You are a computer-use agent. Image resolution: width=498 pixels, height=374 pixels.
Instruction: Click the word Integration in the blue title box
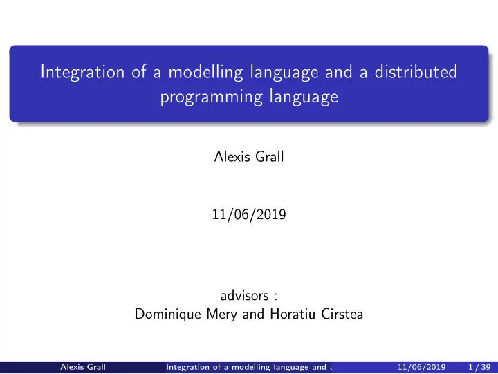point(82,72)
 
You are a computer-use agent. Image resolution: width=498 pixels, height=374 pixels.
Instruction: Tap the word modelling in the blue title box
point(205,72)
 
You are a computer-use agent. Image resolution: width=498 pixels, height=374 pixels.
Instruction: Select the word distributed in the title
point(416,71)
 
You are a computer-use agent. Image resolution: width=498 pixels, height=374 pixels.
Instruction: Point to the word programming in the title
point(211,97)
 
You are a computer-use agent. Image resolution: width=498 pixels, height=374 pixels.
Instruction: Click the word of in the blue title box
point(139,71)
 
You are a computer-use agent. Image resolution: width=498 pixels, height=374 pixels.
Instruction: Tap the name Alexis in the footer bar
point(72,367)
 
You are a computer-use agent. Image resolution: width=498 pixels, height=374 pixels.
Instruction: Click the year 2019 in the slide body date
point(271,214)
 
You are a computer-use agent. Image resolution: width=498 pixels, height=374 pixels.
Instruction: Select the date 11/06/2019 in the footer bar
point(421,367)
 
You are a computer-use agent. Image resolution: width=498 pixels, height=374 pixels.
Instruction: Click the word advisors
point(244,296)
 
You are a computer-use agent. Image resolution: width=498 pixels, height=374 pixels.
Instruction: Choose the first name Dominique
point(168,314)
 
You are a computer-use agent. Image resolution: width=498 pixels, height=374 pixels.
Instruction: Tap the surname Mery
point(221,314)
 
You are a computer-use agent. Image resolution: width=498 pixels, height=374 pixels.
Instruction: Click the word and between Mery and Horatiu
point(253,314)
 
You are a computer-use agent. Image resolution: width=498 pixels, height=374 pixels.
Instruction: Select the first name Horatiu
point(293,314)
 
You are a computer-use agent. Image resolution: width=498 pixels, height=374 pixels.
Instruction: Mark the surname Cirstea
point(342,314)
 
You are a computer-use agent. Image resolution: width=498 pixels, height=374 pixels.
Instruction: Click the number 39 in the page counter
point(486,367)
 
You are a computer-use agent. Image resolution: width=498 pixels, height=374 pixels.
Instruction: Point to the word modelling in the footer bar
point(250,367)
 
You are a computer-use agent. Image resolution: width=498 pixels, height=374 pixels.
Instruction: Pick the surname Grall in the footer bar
point(96,367)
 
